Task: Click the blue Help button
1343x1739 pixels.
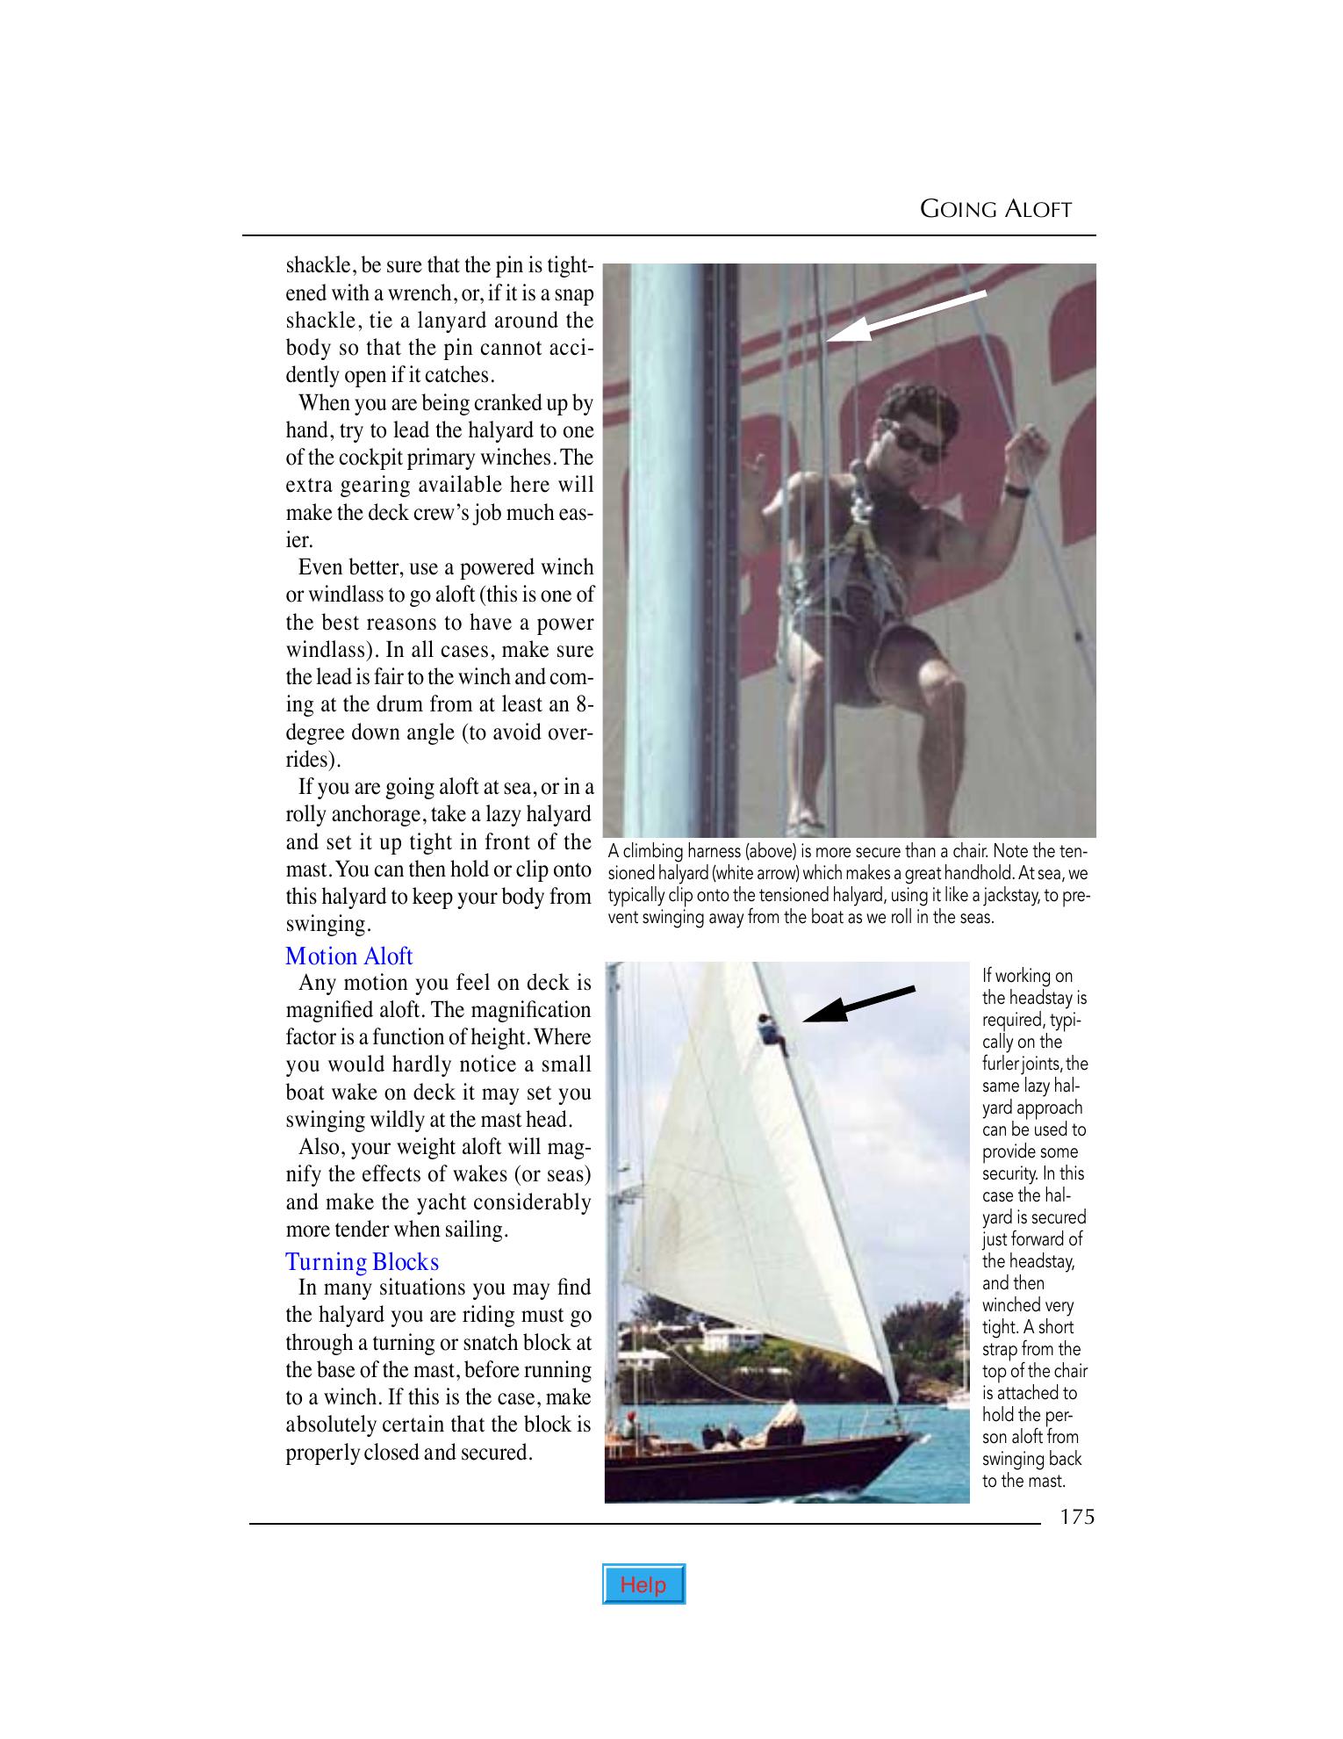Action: click(x=643, y=1584)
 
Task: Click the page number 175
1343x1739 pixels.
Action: click(x=1076, y=1517)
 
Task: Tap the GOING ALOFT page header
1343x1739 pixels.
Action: click(x=995, y=209)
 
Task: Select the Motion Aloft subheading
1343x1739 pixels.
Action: click(x=348, y=956)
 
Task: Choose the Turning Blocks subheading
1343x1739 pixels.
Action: click(x=362, y=1261)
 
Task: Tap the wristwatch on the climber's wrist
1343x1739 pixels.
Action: click(x=1016, y=490)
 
